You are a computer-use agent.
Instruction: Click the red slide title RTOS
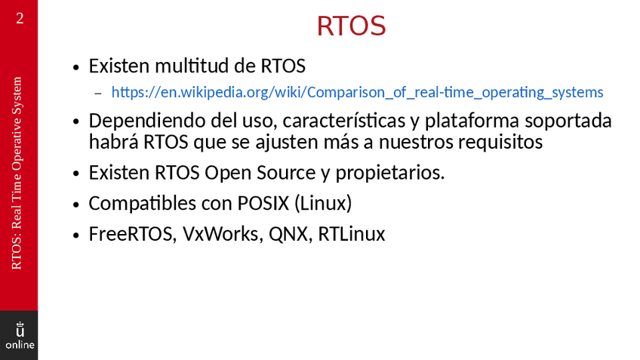tap(351, 26)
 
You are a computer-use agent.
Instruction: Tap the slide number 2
tap(20, 18)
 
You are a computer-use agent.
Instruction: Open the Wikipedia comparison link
tap(357, 92)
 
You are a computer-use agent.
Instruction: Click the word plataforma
tap(472, 122)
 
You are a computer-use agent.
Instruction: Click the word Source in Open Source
tap(286, 173)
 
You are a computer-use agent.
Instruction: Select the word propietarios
tap(389, 174)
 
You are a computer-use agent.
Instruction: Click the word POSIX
tap(263, 203)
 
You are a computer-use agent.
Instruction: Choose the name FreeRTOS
tap(133, 234)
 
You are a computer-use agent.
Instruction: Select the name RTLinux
tap(352, 234)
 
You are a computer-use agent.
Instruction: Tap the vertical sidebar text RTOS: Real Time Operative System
tap(17, 173)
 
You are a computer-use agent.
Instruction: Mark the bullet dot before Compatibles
tap(75, 204)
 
